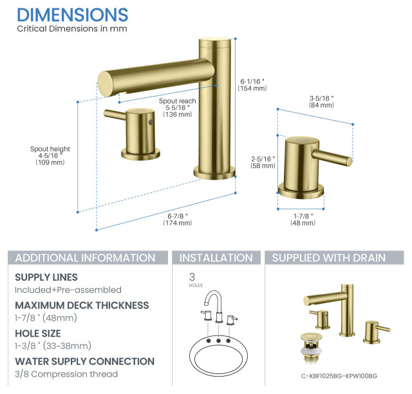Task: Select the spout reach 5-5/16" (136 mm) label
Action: coord(178,108)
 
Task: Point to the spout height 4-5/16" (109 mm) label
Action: coord(50,156)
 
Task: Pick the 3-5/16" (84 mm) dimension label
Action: coord(321,101)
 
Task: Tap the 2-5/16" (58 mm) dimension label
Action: coord(263,162)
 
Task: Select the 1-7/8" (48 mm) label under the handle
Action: coord(303,219)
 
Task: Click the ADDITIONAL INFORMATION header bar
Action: coord(85,258)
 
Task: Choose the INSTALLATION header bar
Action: coord(216,258)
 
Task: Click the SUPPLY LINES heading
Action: coord(46,277)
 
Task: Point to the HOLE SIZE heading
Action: coord(38,333)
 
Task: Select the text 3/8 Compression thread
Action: coord(66,374)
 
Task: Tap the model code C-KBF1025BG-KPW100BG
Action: coord(338,376)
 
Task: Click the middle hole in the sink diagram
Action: coord(218,340)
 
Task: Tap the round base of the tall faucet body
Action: coord(215,172)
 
